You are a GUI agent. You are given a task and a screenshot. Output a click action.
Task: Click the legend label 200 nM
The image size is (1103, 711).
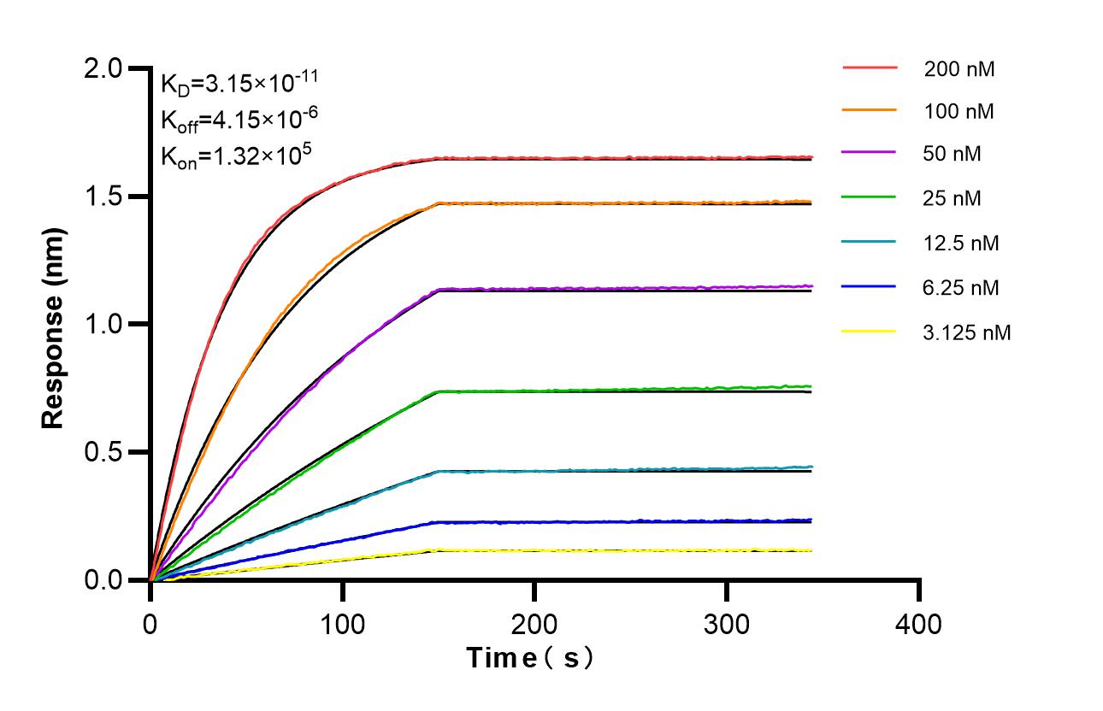point(958,69)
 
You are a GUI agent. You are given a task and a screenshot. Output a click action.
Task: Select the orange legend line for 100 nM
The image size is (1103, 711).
point(870,110)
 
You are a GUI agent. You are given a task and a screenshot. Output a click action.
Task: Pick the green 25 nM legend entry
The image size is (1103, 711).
point(870,199)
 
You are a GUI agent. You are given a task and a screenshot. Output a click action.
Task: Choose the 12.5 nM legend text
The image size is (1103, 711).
point(961,244)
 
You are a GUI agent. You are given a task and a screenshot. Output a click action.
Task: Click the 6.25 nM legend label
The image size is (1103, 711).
point(961,288)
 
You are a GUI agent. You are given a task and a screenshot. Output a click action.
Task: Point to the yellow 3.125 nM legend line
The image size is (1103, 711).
point(870,332)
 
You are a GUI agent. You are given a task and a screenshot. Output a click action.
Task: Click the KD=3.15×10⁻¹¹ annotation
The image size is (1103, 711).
point(239,83)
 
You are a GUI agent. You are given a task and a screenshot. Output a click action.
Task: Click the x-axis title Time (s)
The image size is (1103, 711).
point(529,658)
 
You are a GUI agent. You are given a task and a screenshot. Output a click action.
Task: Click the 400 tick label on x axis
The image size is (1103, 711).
point(918,625)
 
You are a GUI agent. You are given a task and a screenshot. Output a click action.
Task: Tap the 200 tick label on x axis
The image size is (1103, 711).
point(534,625)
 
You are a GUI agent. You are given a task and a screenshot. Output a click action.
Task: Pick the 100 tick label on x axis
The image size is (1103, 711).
point(342,625)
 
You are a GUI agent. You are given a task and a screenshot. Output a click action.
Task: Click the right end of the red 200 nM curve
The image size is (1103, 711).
point(810,157)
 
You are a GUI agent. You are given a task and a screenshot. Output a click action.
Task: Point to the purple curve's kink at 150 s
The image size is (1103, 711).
point(439,290)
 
